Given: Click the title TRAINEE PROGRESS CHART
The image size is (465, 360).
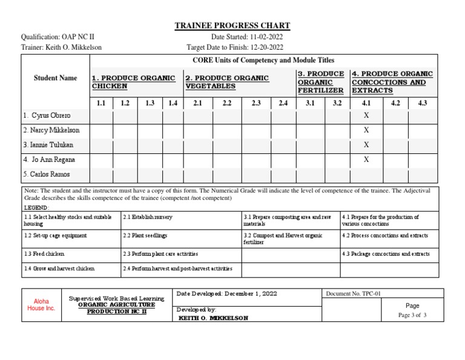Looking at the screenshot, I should tap(232, 25).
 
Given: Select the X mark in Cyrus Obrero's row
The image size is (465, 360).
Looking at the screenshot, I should tap(366, 115).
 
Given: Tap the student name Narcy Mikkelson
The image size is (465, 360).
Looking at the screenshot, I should tap(51, 130).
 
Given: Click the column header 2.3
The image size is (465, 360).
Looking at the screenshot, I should tap(256, 103).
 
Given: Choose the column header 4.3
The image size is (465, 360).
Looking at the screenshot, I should tap(422, 103).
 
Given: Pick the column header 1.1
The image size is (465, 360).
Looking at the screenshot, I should tap(101, 103).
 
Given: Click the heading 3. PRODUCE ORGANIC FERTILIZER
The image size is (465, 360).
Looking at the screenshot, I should tap(320, 82).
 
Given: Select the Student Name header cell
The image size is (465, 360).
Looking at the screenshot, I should tap(55, 78).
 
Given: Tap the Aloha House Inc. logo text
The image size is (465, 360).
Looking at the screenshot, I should tap(41, 304).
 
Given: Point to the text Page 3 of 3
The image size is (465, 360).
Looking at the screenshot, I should tap(412, 315).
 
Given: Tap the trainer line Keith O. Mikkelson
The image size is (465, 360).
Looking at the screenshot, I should tap(62, 47).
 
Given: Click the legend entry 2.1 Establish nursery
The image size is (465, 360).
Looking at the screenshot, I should tap(148, 216).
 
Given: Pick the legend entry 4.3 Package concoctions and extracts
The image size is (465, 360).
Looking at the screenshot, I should tap(384, 254).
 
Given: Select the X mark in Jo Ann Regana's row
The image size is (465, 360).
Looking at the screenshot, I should tap(366, 159).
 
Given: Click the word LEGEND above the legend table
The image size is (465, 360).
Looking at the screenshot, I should tap(37, 207).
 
